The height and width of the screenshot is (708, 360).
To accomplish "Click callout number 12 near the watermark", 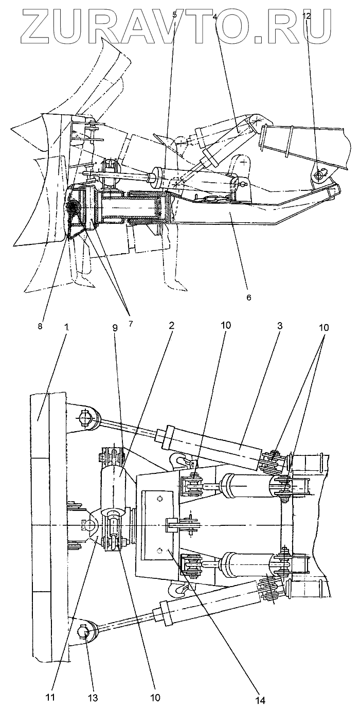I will click(307, 16).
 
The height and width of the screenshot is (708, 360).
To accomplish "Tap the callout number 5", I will click(175, 15).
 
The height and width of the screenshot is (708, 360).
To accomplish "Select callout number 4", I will click(214, 16).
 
